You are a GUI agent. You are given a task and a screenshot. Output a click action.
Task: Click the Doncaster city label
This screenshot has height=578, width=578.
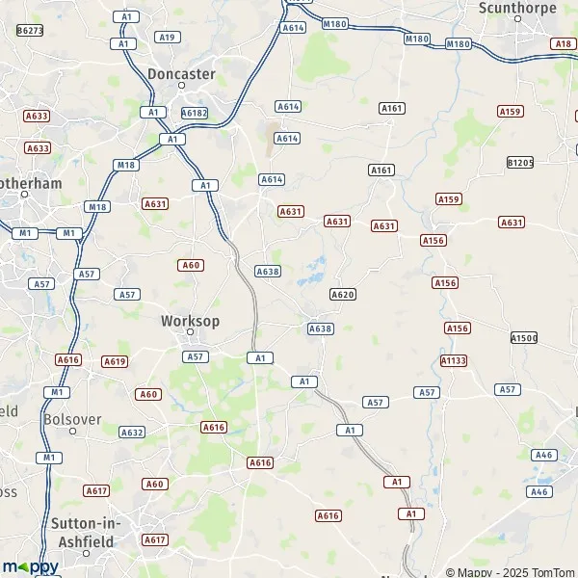click(181, 73)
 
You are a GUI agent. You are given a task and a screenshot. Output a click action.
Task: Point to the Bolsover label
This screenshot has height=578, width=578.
click(72, 419)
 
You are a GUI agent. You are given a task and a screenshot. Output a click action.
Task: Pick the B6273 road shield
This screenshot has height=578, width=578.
click(30, 31)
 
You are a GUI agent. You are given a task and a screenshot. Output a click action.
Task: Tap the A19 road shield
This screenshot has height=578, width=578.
click(168, 37)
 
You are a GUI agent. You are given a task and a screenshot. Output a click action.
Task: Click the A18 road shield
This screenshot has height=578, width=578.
click(563, 43)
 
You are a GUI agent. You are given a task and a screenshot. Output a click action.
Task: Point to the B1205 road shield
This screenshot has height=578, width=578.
click(519, 163)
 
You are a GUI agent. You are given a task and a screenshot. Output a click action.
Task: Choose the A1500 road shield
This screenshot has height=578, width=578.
click(524, 338)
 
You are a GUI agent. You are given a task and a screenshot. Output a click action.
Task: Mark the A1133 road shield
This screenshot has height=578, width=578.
click(453, 360)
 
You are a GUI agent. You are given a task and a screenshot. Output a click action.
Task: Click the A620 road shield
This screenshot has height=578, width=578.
click(343, 294)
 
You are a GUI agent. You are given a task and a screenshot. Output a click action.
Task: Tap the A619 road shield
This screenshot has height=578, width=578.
click(115, 361)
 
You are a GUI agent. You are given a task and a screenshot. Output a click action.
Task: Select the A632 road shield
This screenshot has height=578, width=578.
click(132, 433)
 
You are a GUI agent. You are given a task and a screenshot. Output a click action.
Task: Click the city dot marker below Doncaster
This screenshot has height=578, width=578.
click(181, 87)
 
